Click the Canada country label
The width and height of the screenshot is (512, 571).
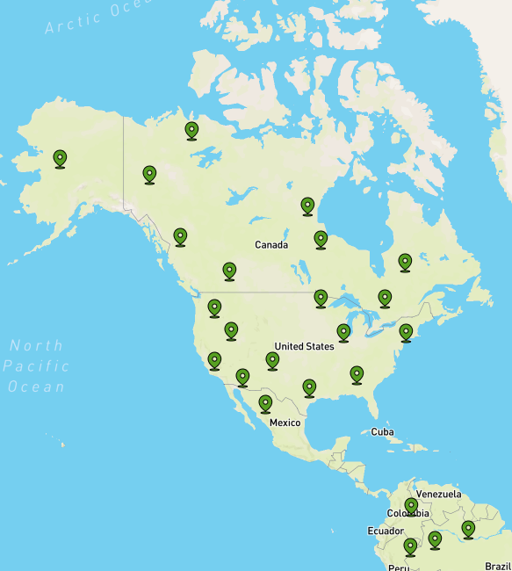pyautogui.click(x=271, y=244)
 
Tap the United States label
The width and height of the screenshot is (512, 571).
pyautogui.click(x=304, y=346)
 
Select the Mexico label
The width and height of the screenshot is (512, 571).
pyautogui.click(x=285, y=423)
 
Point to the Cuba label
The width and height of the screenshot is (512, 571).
pyautogui.click(x=382, y=431)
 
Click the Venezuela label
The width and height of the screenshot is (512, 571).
pyautogui.click(x=438, y=494)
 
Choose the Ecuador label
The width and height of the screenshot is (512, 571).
pyautogui.click(x=386, y=531)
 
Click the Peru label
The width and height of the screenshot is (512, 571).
pyautogui.click(x=399, y=567)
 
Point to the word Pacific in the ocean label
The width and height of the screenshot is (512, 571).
pyautogui.click(x=34, y=365)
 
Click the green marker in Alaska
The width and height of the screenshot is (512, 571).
pyautogui.click(x=60, y=158)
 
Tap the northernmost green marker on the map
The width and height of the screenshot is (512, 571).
pyautogui.click(x=191, y=131)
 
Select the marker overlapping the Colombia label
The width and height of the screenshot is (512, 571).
pyautogui.click(x=411, y=506)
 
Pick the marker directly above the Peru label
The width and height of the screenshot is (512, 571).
pyautogui.click(x=410, y=547)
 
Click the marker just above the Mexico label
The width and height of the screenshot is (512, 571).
pyautogui.click(x=265, y=403)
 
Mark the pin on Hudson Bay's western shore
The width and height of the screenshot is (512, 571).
pyautogui.click(x=307, y=206)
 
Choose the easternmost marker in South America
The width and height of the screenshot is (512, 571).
pyautogui.click(x=468, y=529)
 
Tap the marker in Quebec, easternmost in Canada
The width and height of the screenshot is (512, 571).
pyautogui.click(x=405, y=262)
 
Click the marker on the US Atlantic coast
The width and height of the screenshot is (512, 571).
pyautogui.click(x=406, y=332)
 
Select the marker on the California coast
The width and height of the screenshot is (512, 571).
pyautogui.click(x=214, y=360)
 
